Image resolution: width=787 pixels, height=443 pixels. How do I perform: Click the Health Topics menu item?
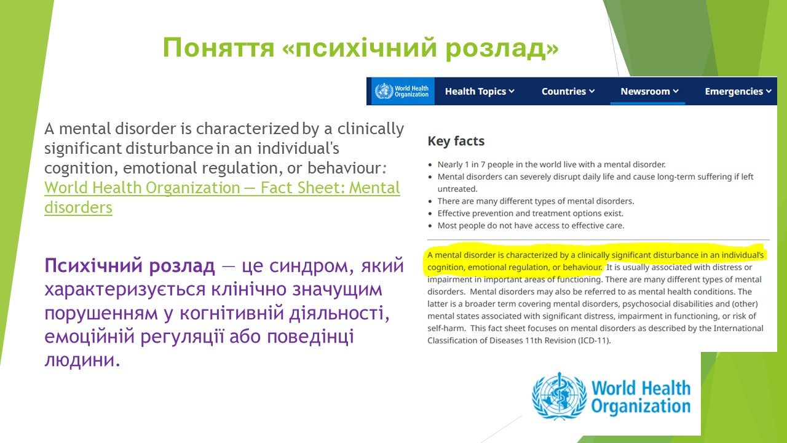[480, 92]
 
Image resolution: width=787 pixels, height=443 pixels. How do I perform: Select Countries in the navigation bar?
[568, 92]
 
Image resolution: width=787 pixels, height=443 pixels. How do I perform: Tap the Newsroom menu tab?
[649, 92]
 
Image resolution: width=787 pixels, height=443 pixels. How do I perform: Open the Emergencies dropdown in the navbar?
[738, 92]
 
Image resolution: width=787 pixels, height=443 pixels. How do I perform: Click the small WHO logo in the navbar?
[401, 92]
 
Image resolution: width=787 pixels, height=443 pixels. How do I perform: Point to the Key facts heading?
[456, 141]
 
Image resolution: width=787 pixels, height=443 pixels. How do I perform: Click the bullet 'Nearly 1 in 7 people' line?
[552, 164]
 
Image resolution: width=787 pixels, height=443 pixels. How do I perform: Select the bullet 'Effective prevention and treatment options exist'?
[530, 214]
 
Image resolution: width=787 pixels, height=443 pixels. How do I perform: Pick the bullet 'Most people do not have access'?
[531, 226]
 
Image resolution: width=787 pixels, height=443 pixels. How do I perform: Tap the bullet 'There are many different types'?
[536, 201]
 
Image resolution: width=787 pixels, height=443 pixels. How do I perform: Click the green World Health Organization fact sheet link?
[222, 198]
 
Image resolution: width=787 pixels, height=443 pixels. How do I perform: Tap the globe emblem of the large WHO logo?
[559, 396]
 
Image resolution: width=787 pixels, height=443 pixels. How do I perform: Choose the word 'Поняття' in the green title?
[218, 47]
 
